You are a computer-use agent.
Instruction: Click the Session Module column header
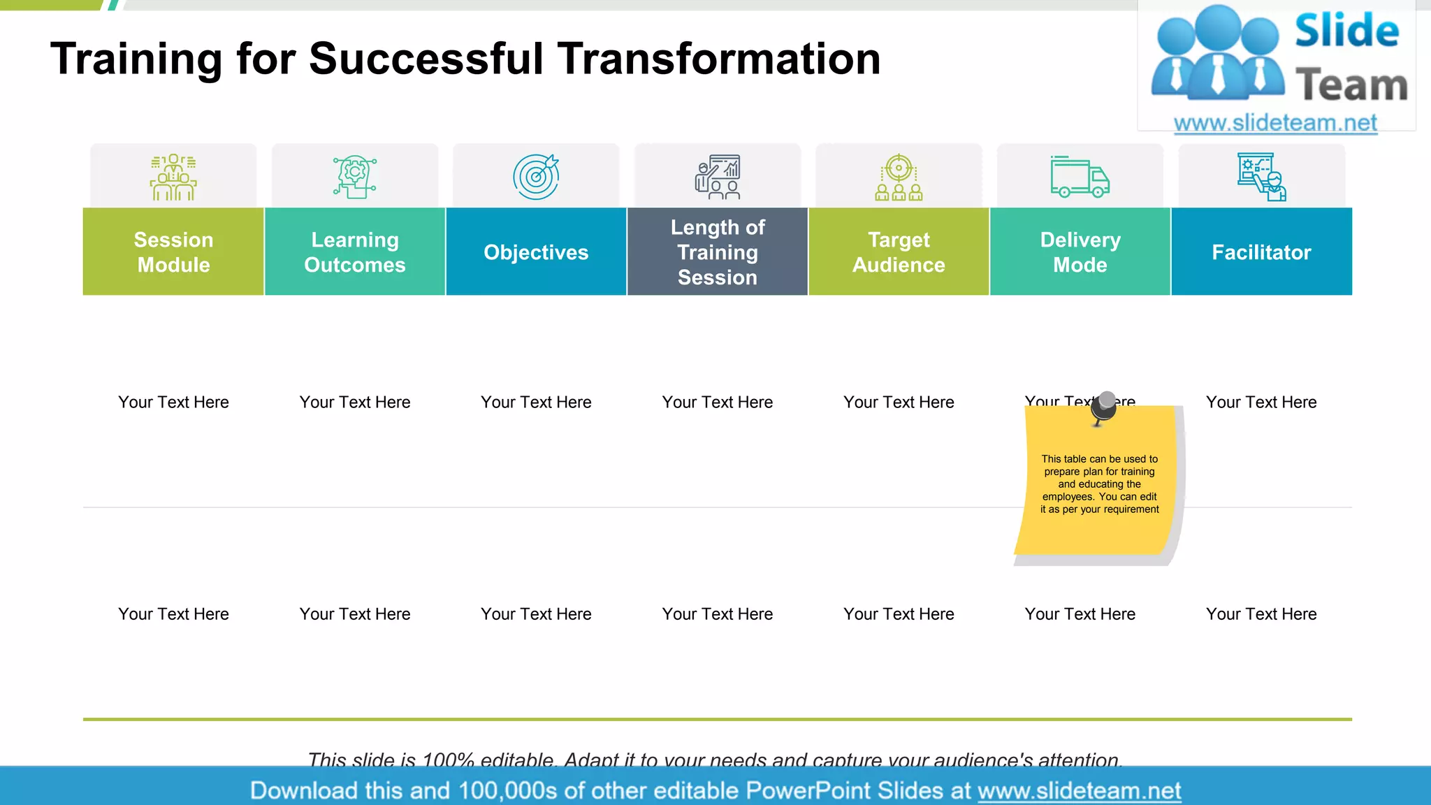[173, 252]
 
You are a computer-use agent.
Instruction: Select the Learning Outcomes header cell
[355, 252]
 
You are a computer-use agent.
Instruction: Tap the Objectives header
[536, 252]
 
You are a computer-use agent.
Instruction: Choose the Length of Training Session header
[718, 252]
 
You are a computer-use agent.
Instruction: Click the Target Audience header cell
[899, 252]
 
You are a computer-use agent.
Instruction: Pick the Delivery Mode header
[1080, 252]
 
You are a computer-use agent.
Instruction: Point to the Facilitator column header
[1261, 252]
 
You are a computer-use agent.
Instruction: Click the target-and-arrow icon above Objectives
[536, 177]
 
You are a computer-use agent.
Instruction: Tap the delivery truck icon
[1080, 177]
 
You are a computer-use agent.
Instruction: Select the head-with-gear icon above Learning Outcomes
[355, 177]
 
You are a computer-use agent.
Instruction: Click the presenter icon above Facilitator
[1261, 177]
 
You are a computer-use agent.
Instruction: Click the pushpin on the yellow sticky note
[1105, 407]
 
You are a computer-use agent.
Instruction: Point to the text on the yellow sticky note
[1099, 484]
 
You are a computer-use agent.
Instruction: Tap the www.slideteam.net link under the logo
[1275, 123]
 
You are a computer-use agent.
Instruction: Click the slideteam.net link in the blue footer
[1079, 791]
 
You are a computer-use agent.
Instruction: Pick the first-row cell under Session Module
[173, 402]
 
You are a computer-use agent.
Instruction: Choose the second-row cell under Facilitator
[1261, 614]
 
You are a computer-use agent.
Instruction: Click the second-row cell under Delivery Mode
[1080, 614]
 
